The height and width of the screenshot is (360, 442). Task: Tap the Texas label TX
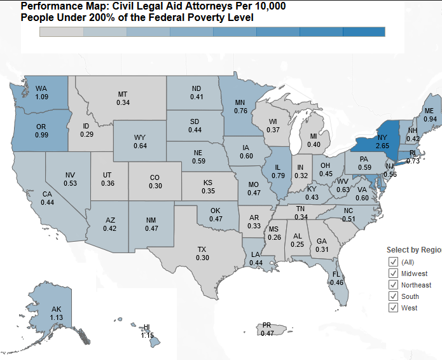tap(202, 249)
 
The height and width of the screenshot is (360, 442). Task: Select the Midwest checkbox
tap(393, 273)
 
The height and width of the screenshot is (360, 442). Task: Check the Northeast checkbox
tap(393, 285)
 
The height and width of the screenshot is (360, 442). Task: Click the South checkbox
tap(393, 296)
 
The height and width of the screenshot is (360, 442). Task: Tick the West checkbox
tap(393, 308)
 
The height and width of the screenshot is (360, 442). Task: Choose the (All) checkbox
tap(393, 262)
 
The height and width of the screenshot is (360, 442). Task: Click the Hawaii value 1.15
tap(148, 335)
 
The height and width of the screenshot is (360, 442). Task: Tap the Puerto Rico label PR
tap(267, 326)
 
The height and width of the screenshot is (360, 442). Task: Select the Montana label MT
tap(123, 94)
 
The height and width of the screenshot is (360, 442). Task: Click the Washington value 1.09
tap(42, 97)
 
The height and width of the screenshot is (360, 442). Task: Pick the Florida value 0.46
tap(336, 282)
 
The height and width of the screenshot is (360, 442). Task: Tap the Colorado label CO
tap(155, 177)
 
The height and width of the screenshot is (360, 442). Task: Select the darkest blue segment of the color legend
tap(363, 32)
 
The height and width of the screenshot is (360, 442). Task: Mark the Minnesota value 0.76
tap(240, 111)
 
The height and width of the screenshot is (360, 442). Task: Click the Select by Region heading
tap(413, 249)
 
